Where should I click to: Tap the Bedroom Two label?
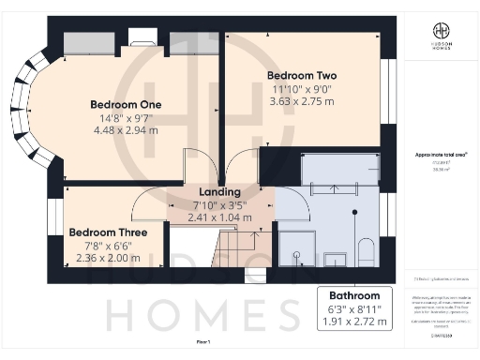point(302,75)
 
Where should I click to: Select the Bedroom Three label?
point(99,232)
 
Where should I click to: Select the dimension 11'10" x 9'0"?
point(302,89)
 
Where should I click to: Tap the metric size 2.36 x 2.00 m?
point(99,259)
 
